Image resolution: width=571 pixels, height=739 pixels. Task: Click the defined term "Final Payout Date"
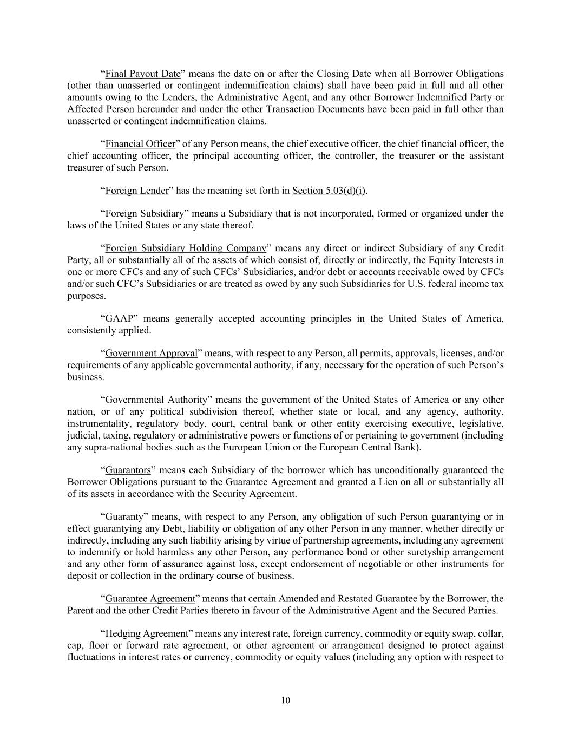click(142, 74)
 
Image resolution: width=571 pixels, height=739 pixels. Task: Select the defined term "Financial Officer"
click(140, 144)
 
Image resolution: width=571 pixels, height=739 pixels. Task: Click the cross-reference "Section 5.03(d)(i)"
click(329, 191)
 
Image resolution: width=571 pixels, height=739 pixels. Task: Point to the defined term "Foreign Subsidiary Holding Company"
click(186, 248)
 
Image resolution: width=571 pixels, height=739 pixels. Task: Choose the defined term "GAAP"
click(119, 318)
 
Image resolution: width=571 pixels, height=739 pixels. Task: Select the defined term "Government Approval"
click(151, 354)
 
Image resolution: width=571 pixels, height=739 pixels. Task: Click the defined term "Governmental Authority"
click(156, 400)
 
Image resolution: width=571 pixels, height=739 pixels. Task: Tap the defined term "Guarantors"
click(128, 470)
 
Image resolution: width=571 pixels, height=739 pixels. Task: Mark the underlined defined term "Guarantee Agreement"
click(149, 599)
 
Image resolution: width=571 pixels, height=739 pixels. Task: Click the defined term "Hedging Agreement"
click(146, 633)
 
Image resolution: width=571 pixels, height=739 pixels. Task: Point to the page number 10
click(286, 701)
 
